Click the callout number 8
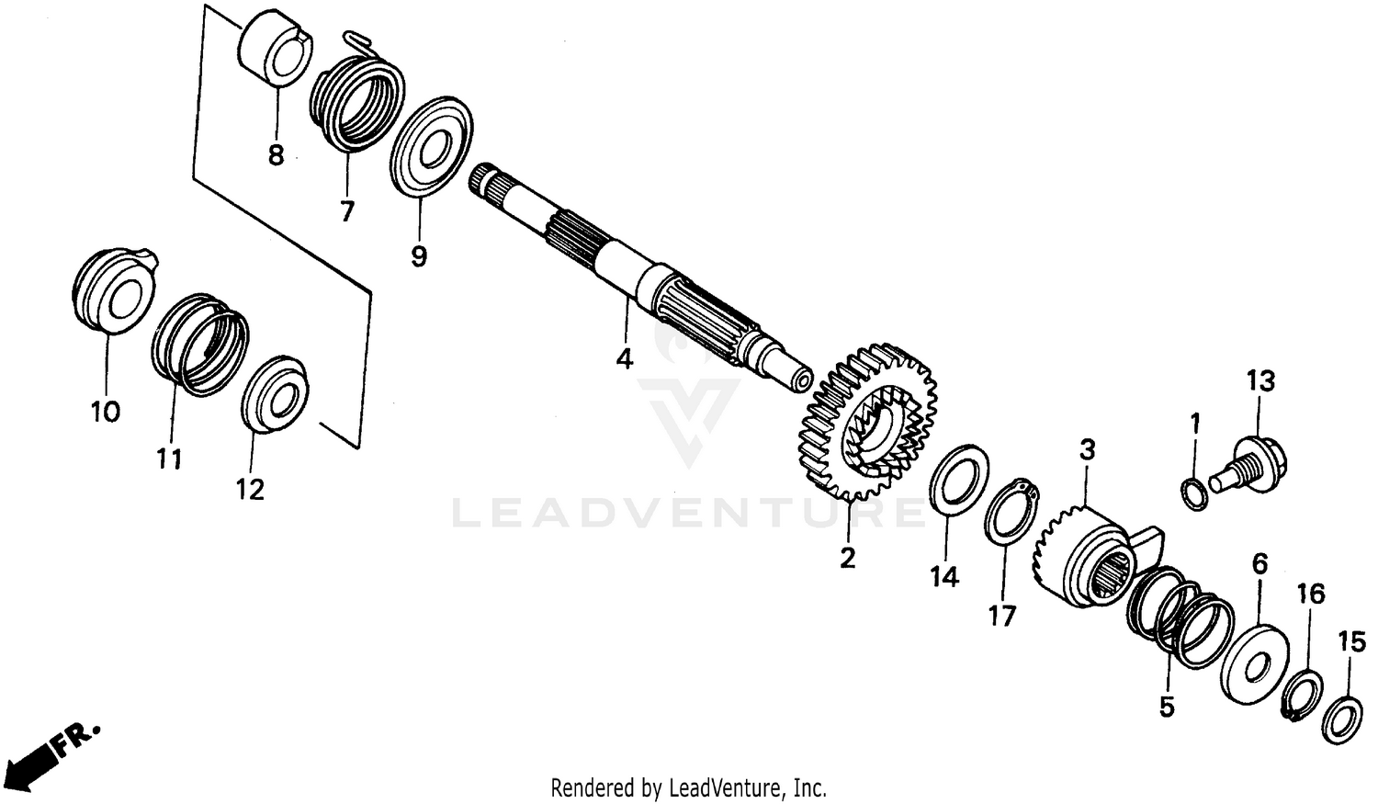click(276, 155)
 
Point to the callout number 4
click(625, 358)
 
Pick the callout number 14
click(943, 577)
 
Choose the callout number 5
click(1167, 708)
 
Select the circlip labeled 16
click(1303, 696)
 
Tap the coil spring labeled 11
click(200, 344)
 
